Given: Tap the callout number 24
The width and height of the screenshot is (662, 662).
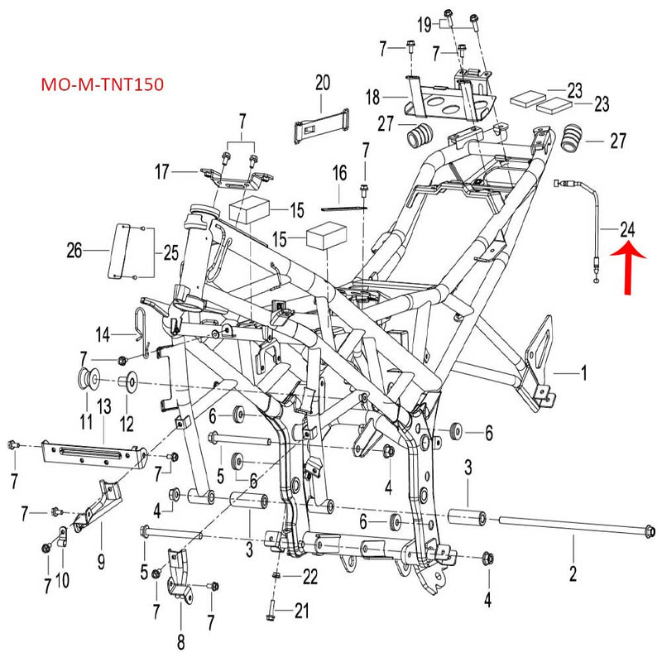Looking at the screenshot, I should tap(628, 228).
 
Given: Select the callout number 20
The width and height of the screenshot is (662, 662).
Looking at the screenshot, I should tap(322, 82).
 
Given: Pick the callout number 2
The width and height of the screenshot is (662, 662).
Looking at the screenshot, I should tap(572, 570).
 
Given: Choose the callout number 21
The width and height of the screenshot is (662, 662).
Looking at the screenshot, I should tap(301, 612).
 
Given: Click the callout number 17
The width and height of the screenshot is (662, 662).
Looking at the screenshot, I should tap(161, 172).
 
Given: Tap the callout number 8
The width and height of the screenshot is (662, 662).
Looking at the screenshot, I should tap(180, 640).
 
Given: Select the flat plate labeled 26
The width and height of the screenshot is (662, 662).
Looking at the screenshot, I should tap(122, 250).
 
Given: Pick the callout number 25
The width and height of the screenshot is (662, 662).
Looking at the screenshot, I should tap(170, 251).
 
